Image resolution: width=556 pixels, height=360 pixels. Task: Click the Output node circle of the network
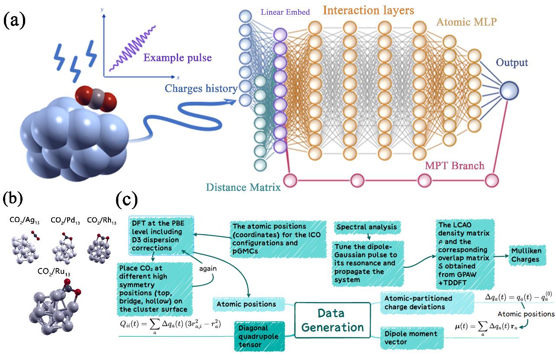tap(509, 92)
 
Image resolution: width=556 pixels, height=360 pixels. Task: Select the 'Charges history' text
tap(201, 88)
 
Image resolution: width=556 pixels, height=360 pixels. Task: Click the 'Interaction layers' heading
tap(368, 10)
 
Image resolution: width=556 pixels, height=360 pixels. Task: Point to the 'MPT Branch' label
tap(454, 165)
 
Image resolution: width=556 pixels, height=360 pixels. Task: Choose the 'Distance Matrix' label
tap(243, 187)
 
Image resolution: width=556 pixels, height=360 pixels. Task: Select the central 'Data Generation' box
tap(332, 320)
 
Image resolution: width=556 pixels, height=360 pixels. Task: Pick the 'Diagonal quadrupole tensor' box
tap(259, 335)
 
